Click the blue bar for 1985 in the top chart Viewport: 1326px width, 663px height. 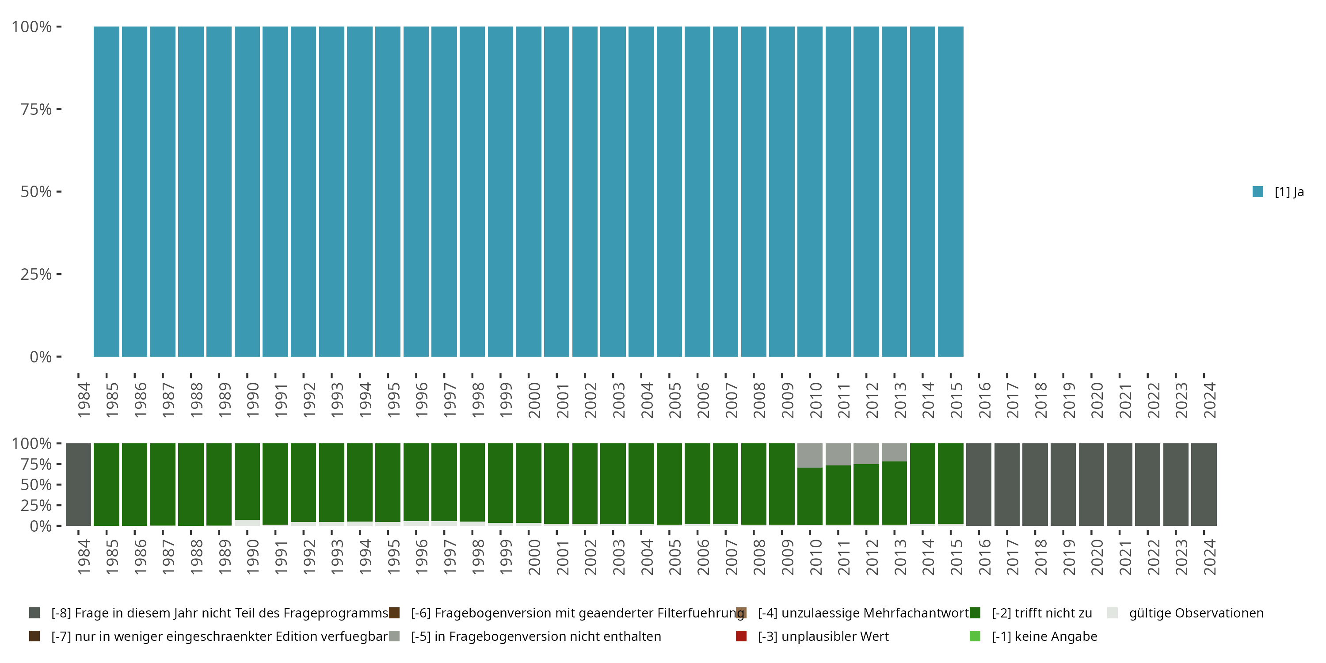point(107,191)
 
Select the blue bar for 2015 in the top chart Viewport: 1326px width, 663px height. point(950,191)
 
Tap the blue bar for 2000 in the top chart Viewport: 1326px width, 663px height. point(529,191)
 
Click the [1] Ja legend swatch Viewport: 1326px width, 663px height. point(1257,192)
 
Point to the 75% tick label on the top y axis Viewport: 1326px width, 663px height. point(36,109)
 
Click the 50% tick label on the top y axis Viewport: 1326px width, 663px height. point(36,191)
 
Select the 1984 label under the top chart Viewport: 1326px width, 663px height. point(84,400)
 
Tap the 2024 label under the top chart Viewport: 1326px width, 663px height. point(1210,400)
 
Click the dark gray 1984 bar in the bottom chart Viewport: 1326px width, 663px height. point(79,484)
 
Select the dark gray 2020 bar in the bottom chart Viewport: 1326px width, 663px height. point(1091,484)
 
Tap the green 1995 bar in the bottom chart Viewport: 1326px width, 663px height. point(388,482)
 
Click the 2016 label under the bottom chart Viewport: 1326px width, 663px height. point(985,557)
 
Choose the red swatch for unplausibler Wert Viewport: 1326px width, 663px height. point(741,636)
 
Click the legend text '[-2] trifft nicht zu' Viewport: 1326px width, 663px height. point(1042,613)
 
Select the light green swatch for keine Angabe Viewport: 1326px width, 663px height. point(975,636)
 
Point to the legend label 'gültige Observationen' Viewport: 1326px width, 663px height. point(1196,613)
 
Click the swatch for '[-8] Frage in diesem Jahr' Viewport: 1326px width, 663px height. point(34,613)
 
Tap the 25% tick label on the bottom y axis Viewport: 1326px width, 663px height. point(36,505)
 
